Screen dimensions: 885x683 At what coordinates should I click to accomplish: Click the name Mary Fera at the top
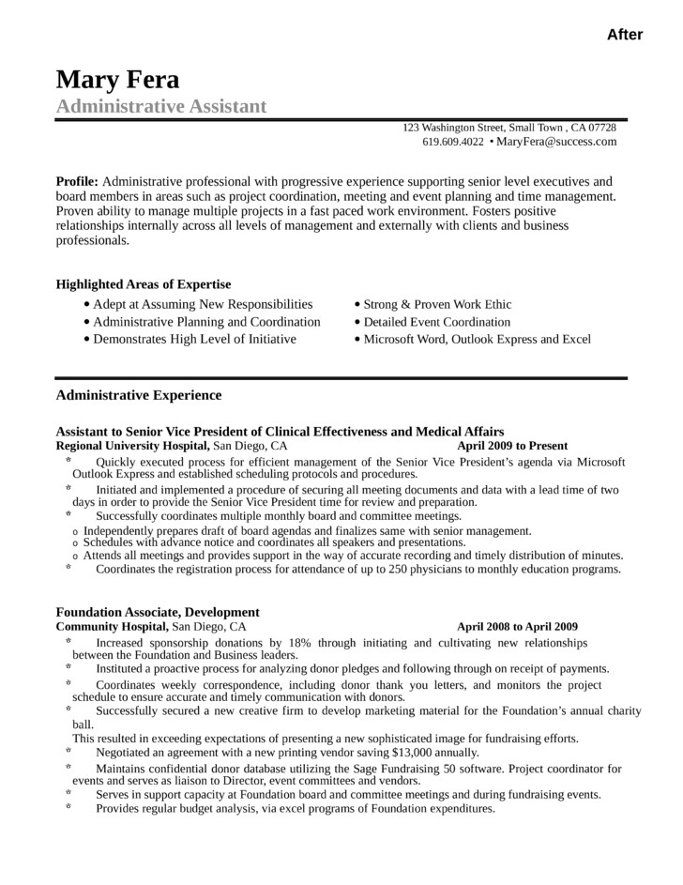tap(117, 79)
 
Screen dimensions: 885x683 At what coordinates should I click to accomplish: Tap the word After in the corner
tap(625, 35)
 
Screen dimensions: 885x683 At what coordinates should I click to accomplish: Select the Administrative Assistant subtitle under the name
tap(161, 106)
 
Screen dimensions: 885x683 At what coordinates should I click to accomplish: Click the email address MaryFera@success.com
tap(556, 142)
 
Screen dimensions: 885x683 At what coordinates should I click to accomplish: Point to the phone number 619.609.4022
tap(453, 142)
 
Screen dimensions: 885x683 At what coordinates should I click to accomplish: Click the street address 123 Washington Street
tap(454, 128)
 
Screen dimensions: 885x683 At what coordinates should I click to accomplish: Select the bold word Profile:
tap(77, 181)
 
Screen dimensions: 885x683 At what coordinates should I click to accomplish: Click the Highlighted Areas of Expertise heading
tap(144, 284)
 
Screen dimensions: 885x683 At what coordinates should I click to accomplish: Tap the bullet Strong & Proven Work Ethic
tap(437, 304)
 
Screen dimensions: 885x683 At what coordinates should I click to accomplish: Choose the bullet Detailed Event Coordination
tap(437, 322)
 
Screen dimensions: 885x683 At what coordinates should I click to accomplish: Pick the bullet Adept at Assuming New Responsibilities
tap(203, 304)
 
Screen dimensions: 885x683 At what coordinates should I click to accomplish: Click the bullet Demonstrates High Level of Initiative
tap(194, 339)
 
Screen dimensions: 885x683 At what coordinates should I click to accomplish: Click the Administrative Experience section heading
tap(139, 395)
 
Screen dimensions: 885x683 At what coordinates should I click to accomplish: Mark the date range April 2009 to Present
tap(512, 446)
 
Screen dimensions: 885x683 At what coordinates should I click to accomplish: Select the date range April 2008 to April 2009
tap(517, 626)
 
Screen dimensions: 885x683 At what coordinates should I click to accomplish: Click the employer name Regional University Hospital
tap(133, 446)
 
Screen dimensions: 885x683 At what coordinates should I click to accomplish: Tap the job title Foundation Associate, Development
tap(158, 612)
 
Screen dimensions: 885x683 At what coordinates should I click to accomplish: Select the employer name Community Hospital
tap(112, 626)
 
